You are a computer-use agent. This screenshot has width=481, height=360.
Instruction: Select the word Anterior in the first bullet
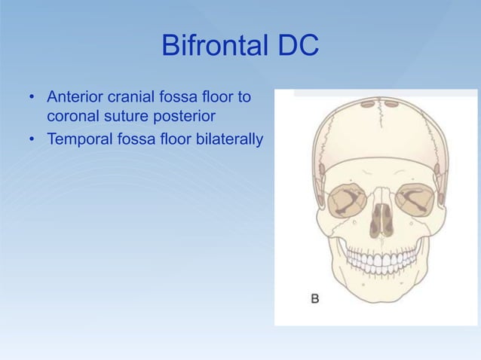(x=75, y=98)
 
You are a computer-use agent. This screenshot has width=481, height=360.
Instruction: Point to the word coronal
(x=74, y=117)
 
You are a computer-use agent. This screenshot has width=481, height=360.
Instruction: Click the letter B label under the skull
(x=317, y=299)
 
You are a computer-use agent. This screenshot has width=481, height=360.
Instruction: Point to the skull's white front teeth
(x=381, y=261)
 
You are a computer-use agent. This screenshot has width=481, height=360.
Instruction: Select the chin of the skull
(x=381, y=294)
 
